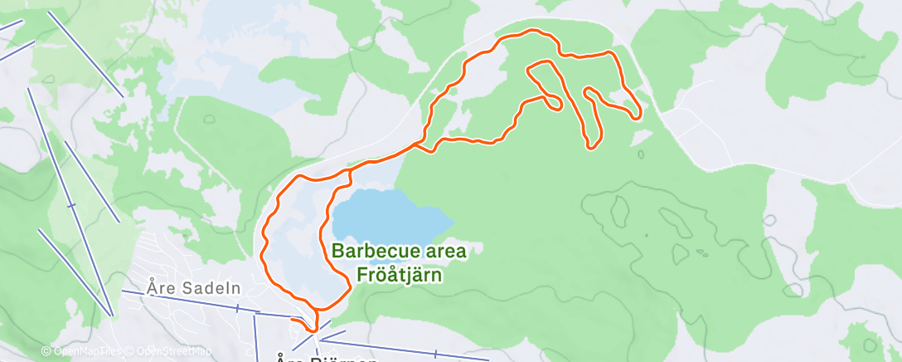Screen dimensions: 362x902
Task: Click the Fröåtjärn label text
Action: pyautogui.click(x=399, y=272)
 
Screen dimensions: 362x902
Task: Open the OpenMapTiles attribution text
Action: pyautogui.click(x=87, y=352)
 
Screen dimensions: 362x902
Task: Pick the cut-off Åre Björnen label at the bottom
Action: pyautogui.click(x=327, y=359)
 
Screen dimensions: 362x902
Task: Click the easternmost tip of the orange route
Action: pyautogui.click(x=638, y=113)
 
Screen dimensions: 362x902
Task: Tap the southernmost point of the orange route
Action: pyautogui.click(x=313, y=330)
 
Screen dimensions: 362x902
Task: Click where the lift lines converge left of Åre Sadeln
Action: pyautogui.click(x=112, y=315)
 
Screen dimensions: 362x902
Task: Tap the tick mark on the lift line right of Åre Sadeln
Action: pyautogui.click(x=237, y=308)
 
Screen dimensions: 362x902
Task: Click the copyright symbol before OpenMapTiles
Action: pyautogui.click(x=46, y=352)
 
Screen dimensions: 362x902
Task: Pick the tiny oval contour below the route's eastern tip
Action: pyautogui.click(x=641, y=153)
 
